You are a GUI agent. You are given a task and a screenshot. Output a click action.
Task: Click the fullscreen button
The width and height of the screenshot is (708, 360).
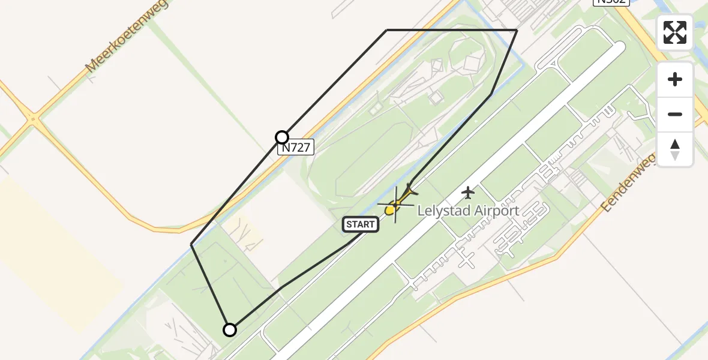675,32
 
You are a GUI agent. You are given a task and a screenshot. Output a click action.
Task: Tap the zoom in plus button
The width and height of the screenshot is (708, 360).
675,79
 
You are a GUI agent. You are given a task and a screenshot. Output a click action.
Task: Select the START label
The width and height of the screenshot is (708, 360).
360,224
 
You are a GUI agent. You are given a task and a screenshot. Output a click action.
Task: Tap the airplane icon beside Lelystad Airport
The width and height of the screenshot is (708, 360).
468,193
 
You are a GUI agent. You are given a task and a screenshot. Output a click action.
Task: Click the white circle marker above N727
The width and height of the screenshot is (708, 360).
282,137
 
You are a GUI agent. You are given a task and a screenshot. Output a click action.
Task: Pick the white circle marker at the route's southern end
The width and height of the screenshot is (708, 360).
230,329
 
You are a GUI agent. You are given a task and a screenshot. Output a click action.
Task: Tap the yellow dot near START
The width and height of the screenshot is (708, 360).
389,210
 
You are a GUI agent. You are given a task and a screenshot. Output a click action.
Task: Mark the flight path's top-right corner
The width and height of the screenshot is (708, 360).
517,30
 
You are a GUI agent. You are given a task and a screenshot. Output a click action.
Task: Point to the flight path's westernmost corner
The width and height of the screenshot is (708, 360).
191,244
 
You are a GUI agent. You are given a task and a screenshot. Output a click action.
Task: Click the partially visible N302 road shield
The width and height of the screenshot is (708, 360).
611,2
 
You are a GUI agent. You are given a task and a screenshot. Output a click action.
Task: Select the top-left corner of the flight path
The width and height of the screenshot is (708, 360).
387,30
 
